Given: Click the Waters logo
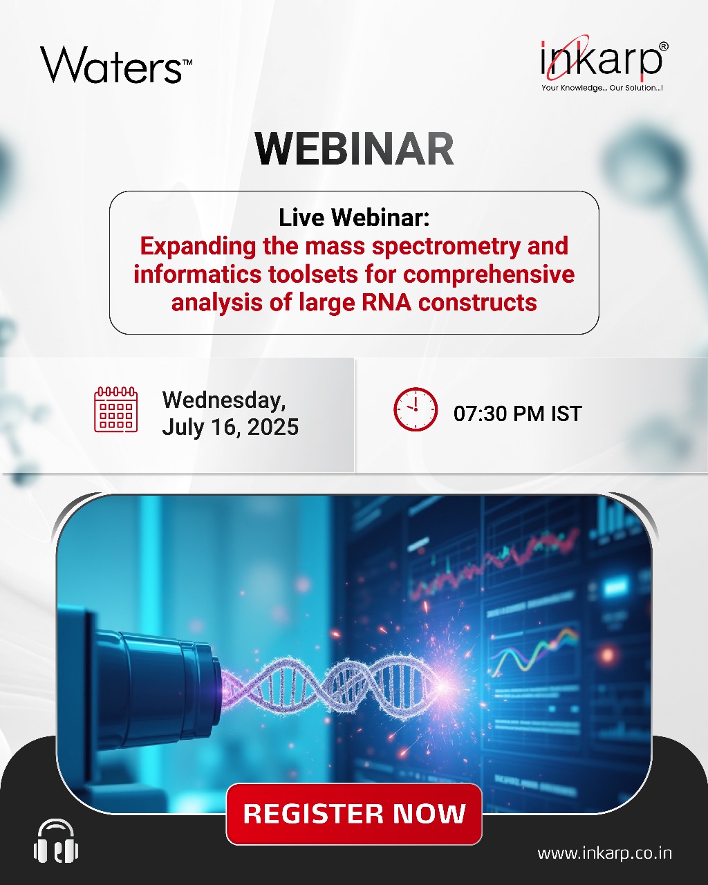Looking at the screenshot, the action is [116, 65].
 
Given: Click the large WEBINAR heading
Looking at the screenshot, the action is [354, 149].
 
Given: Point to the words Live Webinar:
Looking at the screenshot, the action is [354, 218].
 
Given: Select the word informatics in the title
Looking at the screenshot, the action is [198, 274].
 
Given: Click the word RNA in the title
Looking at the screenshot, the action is [386, 303].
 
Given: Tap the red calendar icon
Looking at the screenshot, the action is [115, 409].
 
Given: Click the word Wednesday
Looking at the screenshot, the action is [224, 400].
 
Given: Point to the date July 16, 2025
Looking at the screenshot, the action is [230, 427].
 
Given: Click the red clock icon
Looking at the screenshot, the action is [416, 409].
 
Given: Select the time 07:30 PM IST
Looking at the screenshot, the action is [518, 413].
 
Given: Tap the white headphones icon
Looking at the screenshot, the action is [56, 841].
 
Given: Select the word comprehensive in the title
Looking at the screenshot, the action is [489, 274].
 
